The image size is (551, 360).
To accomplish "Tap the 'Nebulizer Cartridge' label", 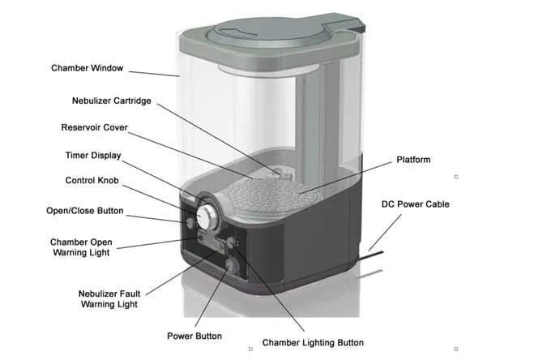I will (x=111, y=101).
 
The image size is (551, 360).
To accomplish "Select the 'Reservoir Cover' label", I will (x=95, y=127).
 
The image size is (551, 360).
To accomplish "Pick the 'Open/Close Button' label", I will (x=85, y=211).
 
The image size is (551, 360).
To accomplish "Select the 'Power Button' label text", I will (x=194, y=336).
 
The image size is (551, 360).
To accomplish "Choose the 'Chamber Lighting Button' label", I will (x=313, y=343).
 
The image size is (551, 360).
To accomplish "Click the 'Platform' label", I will (x=413, y=160).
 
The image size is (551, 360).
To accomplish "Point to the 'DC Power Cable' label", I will (x=415, y=204).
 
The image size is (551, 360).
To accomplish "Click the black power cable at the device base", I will (x=381, y=257).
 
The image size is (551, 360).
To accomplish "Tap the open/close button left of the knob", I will (x=192, y=221).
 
